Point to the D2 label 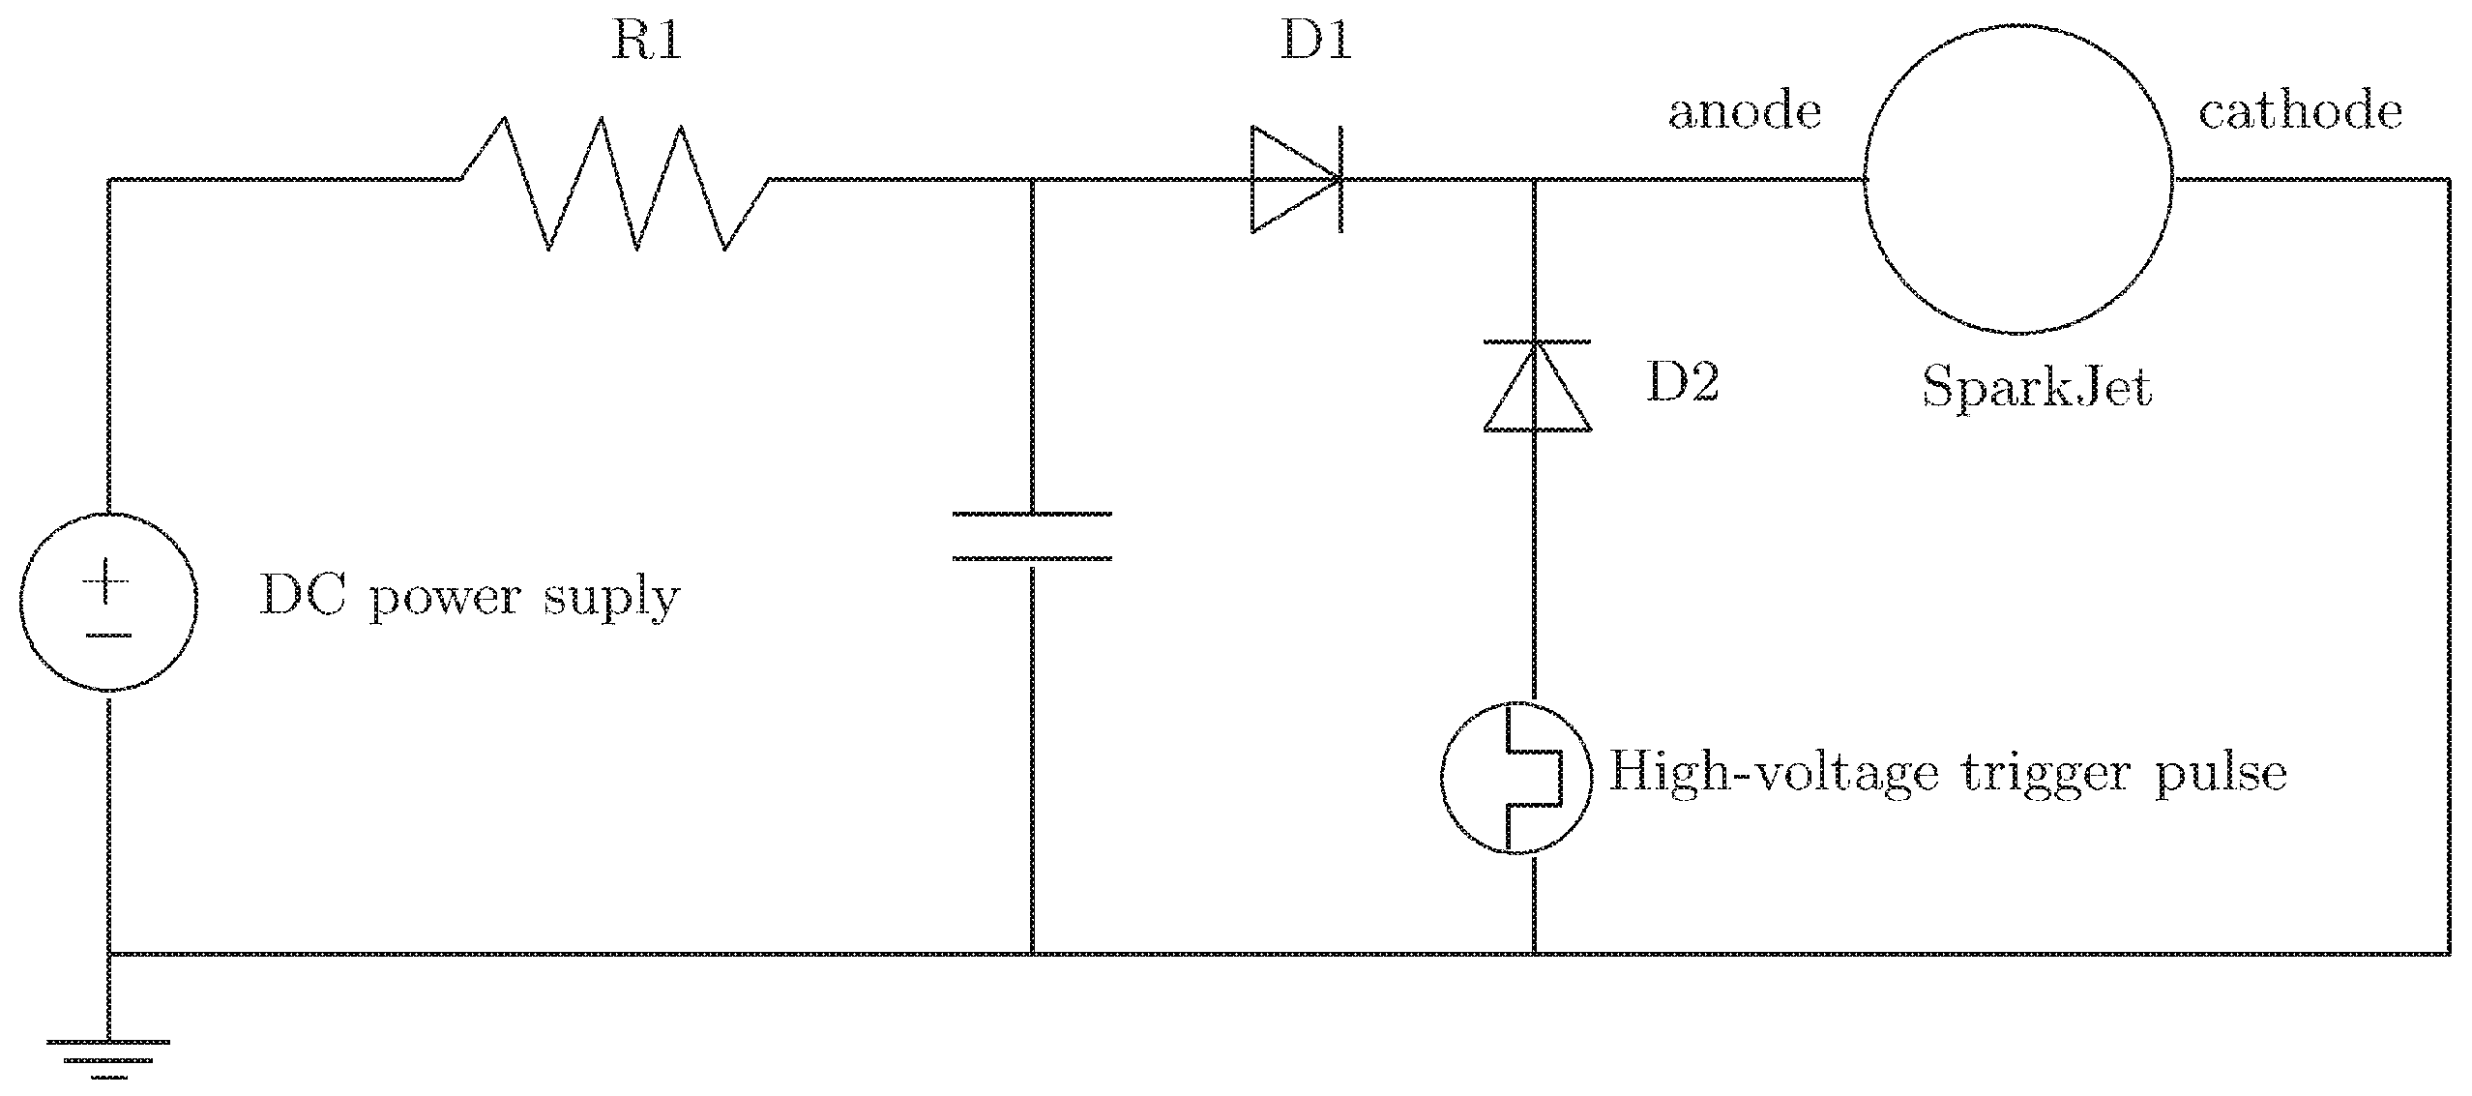click(x=1683, y=384)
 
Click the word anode click(x=1745, y=113)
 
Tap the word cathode click(x=2300, y=113)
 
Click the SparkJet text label click(x=2037, y=390)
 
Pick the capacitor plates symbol click(x=1032, y=537)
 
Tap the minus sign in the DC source click(x=107, y=636)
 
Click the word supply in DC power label click(x=610, y=600)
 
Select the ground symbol click(x=107, y=1057)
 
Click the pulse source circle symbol click(x=1516, y=778)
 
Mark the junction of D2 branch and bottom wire click(x=1534, y=954)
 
